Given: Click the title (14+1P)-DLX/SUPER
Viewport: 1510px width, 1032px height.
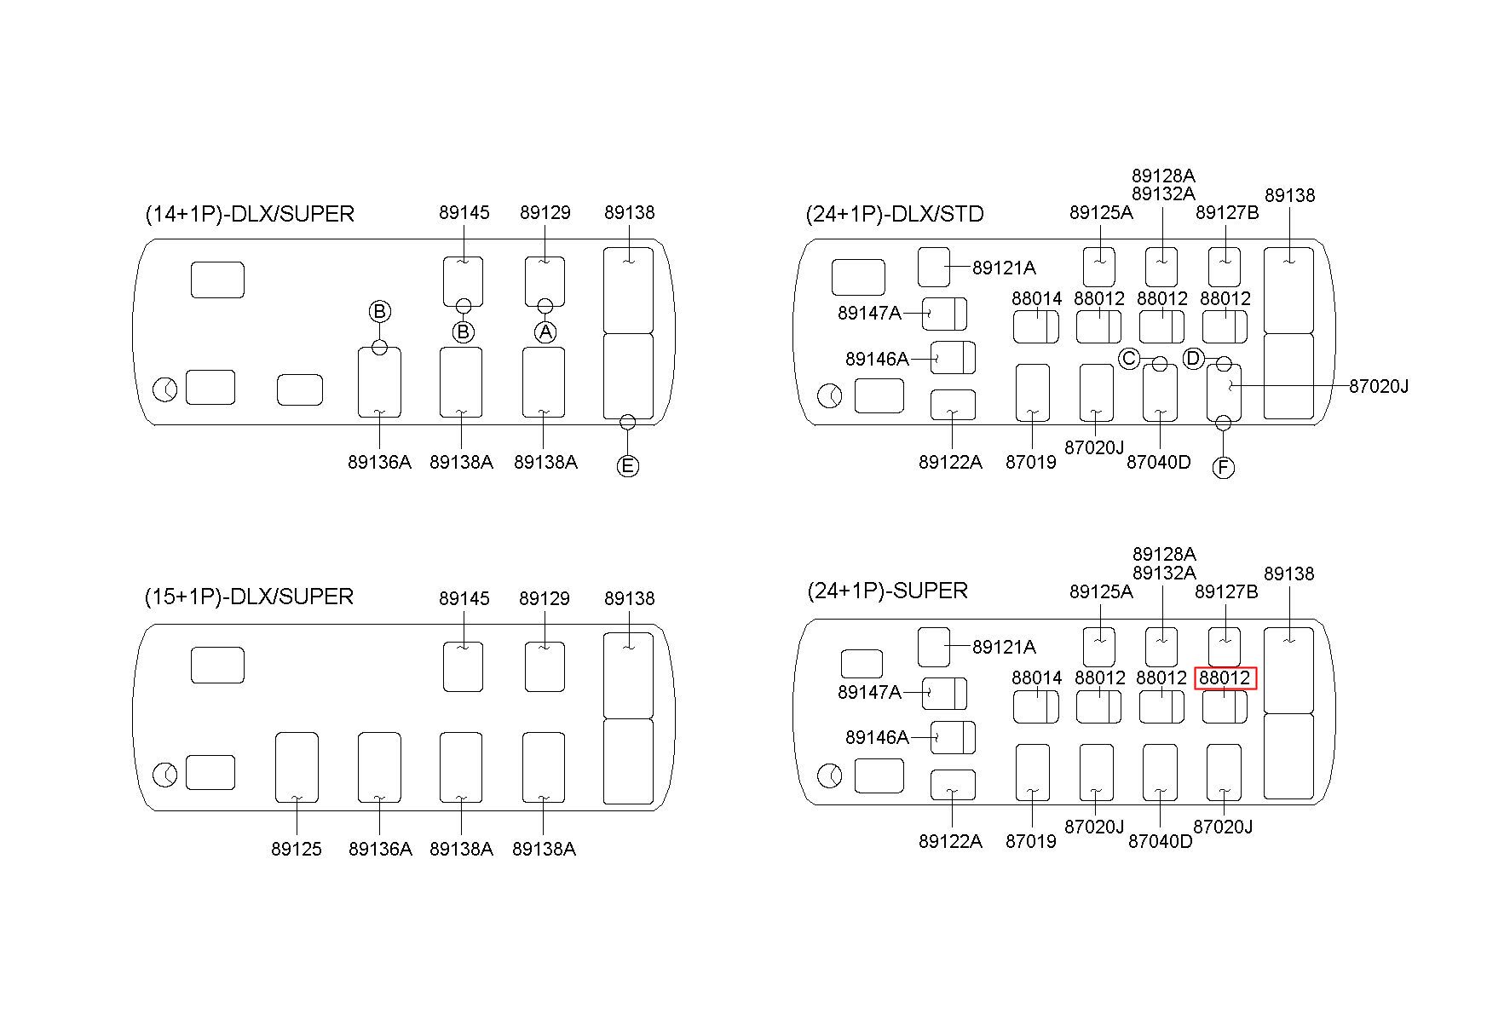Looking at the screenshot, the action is tap(250, 214).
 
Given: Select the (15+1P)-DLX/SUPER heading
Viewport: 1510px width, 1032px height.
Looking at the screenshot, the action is tap(249, 597).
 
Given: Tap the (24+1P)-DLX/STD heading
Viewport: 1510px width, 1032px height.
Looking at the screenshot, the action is tap(895, 214).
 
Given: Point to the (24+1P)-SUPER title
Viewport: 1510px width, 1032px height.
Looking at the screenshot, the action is tap(887, 591).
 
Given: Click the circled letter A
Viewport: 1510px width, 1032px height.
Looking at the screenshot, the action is tap(545, 332).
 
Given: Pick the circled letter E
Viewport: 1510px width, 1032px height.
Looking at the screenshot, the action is tap(628, 465).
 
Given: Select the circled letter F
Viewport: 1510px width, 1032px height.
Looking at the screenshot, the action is tap(1224, 467).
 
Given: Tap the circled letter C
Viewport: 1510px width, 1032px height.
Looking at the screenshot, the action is tap(1129, 359).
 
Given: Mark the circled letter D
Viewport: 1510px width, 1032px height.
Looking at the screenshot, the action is tap(1193, 359).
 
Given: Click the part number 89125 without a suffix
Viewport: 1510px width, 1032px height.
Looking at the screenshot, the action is tap(297, 849).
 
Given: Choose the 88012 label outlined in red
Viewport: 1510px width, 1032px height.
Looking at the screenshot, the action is tap(1225, 677).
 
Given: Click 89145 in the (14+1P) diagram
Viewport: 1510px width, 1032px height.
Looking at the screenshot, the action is tap(464, 212).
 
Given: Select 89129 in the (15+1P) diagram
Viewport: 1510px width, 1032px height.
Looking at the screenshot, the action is tap(545, 598).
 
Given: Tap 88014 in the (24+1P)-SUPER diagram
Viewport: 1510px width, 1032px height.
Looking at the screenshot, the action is tap(1037, 677).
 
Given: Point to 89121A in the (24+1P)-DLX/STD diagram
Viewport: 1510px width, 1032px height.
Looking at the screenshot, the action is tap(1004, 268).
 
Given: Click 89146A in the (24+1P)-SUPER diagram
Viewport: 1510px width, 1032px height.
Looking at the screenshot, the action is tap(877, 737).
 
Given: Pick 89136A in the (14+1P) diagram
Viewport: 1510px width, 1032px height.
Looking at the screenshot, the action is tap(379, 462).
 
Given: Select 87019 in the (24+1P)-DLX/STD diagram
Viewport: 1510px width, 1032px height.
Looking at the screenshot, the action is tap(1031, 462).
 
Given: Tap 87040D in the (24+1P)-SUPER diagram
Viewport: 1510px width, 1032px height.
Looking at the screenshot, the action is tap(1160, 841).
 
